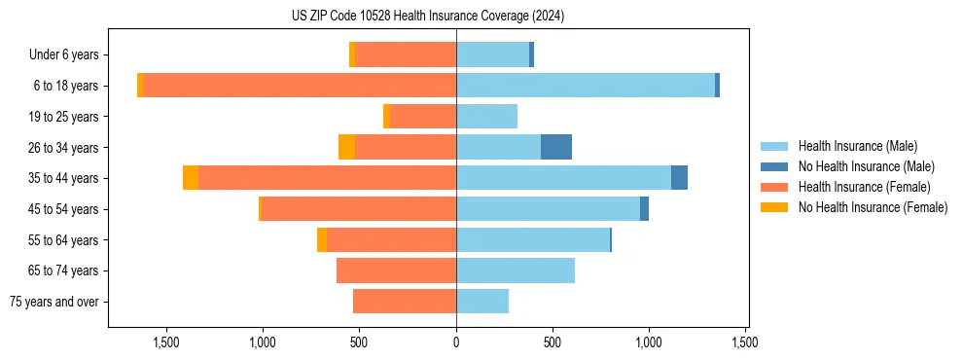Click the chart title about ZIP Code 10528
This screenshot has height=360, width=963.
point(427,17)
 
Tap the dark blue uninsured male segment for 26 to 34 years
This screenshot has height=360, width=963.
point(556,147)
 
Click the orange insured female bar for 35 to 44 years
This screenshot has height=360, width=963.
point(328,178)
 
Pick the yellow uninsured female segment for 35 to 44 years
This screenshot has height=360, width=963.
point(191,178)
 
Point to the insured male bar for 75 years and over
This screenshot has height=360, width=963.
point(482,302)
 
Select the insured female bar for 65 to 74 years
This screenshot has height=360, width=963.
point(397,270)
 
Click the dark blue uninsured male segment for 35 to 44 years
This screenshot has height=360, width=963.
point(679,178)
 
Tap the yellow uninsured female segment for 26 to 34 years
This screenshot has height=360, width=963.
point(346,147)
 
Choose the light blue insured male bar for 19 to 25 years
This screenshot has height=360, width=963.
point(486,117)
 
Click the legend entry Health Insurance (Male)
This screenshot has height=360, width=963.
point(856,146)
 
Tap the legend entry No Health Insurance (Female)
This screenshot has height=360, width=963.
point(872,207)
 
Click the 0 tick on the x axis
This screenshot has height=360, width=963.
point(456,342)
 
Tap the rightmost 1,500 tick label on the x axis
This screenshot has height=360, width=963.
point(745,342)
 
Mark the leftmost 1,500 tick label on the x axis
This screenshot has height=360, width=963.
point(166,342)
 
